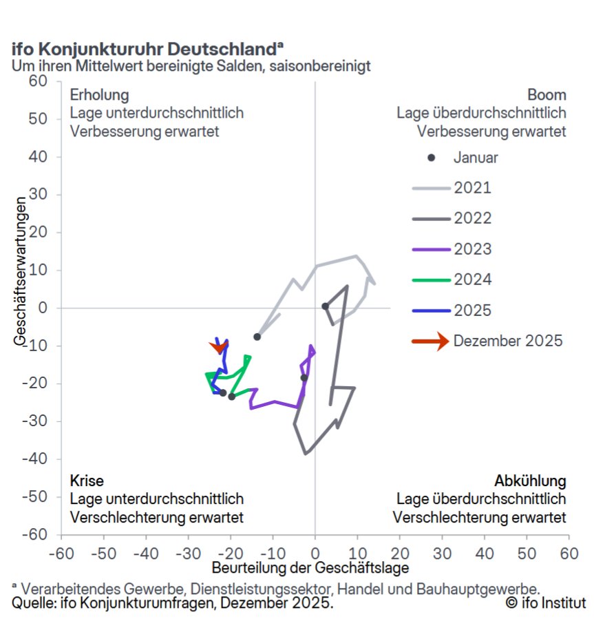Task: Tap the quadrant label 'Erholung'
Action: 99,95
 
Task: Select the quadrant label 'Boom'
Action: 547,95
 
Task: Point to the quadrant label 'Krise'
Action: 87,481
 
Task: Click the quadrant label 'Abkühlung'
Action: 530,481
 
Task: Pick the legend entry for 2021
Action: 472,188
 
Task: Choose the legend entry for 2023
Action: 472,249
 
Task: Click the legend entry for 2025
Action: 472,310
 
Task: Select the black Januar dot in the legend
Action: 432,158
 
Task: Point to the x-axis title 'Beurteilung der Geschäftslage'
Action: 310,568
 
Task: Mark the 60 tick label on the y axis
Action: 37,81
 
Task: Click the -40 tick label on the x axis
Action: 145,552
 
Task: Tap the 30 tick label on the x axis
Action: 442,552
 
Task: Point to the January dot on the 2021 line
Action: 257,337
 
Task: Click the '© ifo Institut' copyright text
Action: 545,603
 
